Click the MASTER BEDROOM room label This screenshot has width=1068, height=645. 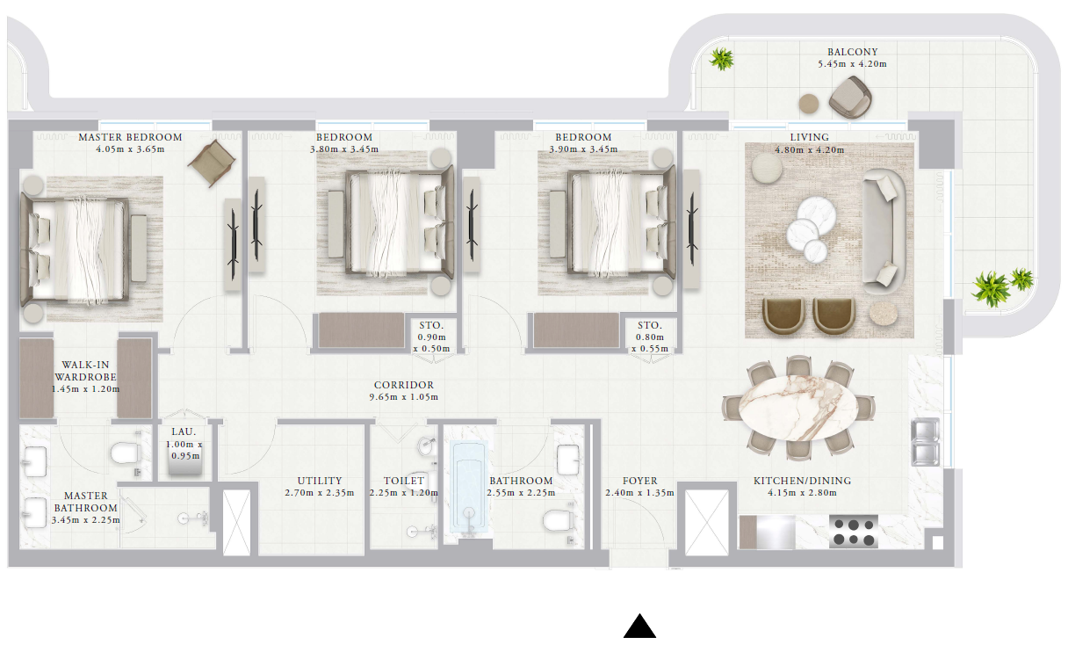coord(130,137)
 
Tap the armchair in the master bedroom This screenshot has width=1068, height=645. coord(212,163)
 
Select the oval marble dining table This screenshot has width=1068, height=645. coord(798,408)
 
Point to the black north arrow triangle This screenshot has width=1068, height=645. coord(640,626)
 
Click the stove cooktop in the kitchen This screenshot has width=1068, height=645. coord(854,532)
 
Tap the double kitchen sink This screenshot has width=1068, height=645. coord(926,442)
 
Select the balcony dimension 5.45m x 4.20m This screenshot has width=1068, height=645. coord(852,64)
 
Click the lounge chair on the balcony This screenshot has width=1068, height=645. coord(850,98)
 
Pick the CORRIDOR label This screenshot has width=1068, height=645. coord(404,385)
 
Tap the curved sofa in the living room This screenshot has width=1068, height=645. coord(884,231)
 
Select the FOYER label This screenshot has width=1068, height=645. coord(640,481)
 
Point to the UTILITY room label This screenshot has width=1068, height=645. coord(320,481)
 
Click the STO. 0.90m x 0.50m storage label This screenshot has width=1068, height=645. coord(431,337)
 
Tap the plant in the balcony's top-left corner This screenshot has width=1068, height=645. coord(721,59)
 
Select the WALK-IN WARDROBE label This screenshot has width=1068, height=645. coord(85,371)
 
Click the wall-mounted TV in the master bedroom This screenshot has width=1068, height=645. coord(233,244)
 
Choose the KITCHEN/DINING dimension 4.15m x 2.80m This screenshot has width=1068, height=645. coord(802,493)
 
